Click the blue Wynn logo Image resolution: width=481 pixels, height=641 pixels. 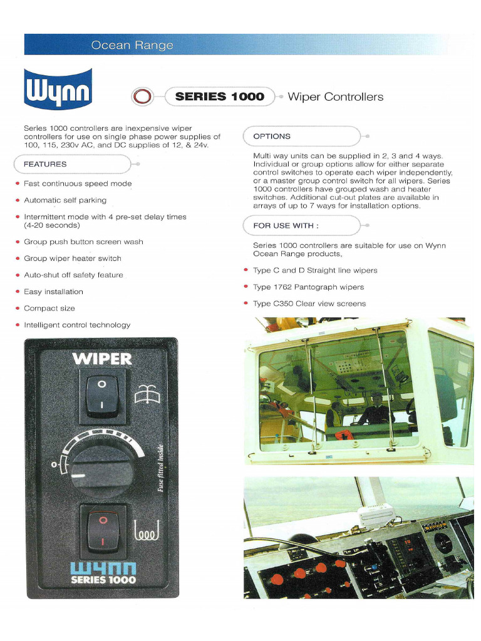tap(58, 90)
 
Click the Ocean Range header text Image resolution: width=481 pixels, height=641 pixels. tap(132, 45)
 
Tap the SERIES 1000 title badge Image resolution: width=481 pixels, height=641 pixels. tap(219, 96)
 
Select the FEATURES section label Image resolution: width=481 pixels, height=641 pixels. tap(45, 164)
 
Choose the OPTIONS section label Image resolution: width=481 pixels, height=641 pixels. tap(272, 136)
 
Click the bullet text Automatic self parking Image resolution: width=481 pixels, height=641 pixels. tap(65, 200)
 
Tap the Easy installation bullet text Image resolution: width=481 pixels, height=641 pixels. tap(53, 292)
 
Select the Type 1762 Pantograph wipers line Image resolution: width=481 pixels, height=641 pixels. tap(308, 287)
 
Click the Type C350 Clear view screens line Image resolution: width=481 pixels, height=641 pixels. tap(309, 304)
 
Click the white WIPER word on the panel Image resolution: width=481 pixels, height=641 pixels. tap(102, 359)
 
